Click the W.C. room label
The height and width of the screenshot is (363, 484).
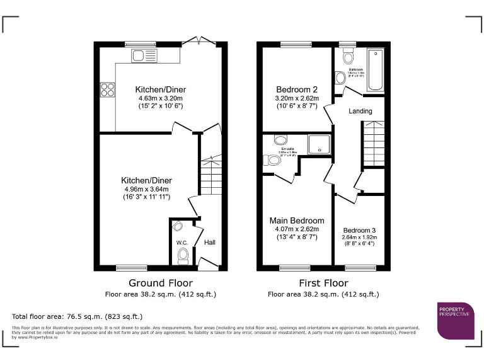182,243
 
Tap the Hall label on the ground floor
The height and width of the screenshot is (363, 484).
209,242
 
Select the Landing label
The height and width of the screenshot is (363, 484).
360,111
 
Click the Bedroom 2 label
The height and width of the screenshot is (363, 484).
297,89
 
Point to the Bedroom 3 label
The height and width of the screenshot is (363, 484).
360,230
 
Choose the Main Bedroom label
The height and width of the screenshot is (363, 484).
297,221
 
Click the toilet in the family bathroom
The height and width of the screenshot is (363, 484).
348,59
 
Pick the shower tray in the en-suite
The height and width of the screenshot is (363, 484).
320,145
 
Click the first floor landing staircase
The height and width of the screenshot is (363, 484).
372,144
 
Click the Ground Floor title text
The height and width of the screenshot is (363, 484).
161,283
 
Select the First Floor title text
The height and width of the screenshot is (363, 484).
323,283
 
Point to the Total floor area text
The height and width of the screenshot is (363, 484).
78,316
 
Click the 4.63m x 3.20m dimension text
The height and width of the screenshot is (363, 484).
161,98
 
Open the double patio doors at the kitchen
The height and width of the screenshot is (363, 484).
197,42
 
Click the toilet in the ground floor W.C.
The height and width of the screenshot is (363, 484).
183,256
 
